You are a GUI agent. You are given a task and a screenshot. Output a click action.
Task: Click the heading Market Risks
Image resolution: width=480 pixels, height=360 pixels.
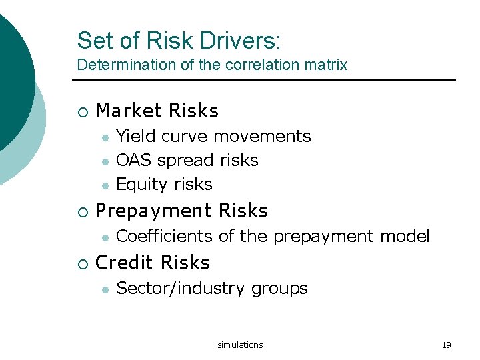157,110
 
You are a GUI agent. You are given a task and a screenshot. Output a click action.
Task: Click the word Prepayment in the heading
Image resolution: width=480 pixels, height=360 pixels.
155,211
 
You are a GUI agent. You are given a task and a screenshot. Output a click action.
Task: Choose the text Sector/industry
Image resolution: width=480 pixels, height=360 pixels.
181,289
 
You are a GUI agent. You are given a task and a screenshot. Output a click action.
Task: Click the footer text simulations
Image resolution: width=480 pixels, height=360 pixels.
240,345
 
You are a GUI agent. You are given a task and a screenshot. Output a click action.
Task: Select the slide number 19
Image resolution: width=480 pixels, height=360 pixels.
446,345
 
